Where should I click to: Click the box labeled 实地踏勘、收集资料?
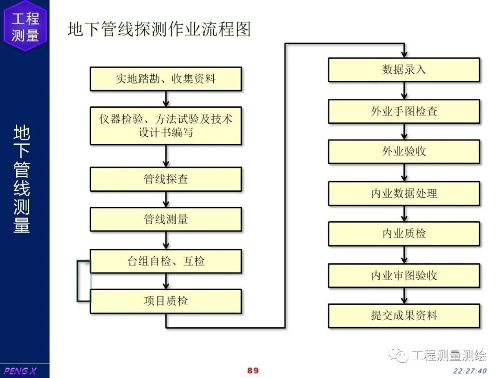[166, 78]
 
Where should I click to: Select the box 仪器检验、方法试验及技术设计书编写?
[166, 126]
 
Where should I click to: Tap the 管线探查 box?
[166, 179]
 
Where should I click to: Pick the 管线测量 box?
[166, 219]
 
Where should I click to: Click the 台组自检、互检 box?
[166, 261]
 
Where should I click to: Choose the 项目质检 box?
[166, 301]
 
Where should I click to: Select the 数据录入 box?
[404, 70]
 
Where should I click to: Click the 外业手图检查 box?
[404, 111]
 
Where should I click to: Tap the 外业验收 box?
[404, 151]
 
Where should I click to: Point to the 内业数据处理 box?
[404, 193]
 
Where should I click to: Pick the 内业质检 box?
[404, 233]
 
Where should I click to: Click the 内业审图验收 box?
[404, 275]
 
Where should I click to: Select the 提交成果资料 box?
[404, 315]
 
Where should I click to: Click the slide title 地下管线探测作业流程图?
[159, 29]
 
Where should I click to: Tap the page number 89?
[253, 371]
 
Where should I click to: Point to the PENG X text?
[20, 371]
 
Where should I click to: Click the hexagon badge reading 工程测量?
[25, 26]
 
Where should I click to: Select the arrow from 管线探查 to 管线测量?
[166, 199]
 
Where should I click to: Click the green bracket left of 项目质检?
[79, 280]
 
